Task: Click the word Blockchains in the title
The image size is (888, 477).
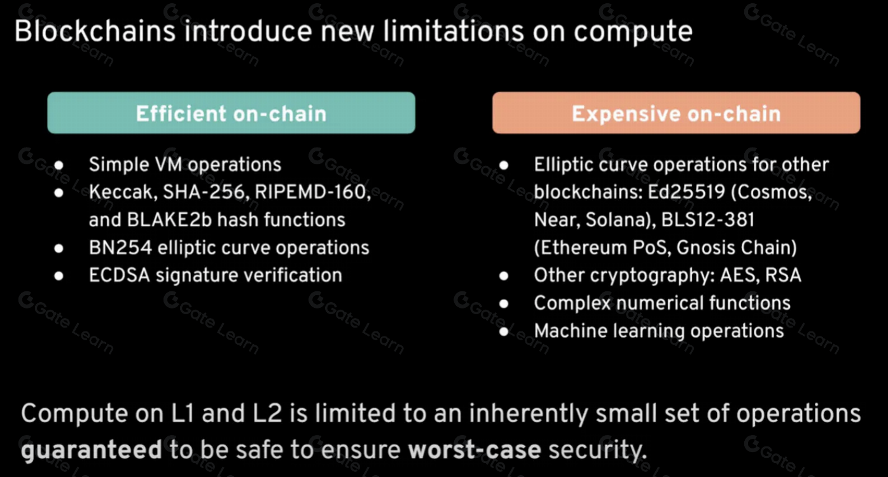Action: coord(95,31)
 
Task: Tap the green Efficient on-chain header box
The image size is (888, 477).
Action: coord(231,113)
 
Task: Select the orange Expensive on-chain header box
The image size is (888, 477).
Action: coord(676,113)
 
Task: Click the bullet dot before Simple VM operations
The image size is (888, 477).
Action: coord(59,165)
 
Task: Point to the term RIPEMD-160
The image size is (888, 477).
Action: coord(312,192)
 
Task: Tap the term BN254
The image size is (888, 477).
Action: coord(120,248)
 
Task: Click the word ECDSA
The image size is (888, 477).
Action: coord(120,275)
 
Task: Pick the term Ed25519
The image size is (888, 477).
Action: coord(686,192)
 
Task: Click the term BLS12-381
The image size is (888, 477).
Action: coord(708,219)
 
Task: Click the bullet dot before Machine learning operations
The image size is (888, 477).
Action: coord(504,331)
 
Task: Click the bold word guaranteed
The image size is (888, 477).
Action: coord(92,450)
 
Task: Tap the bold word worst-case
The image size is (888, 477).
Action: coord(475,450)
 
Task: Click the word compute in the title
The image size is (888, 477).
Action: coord(633,32)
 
